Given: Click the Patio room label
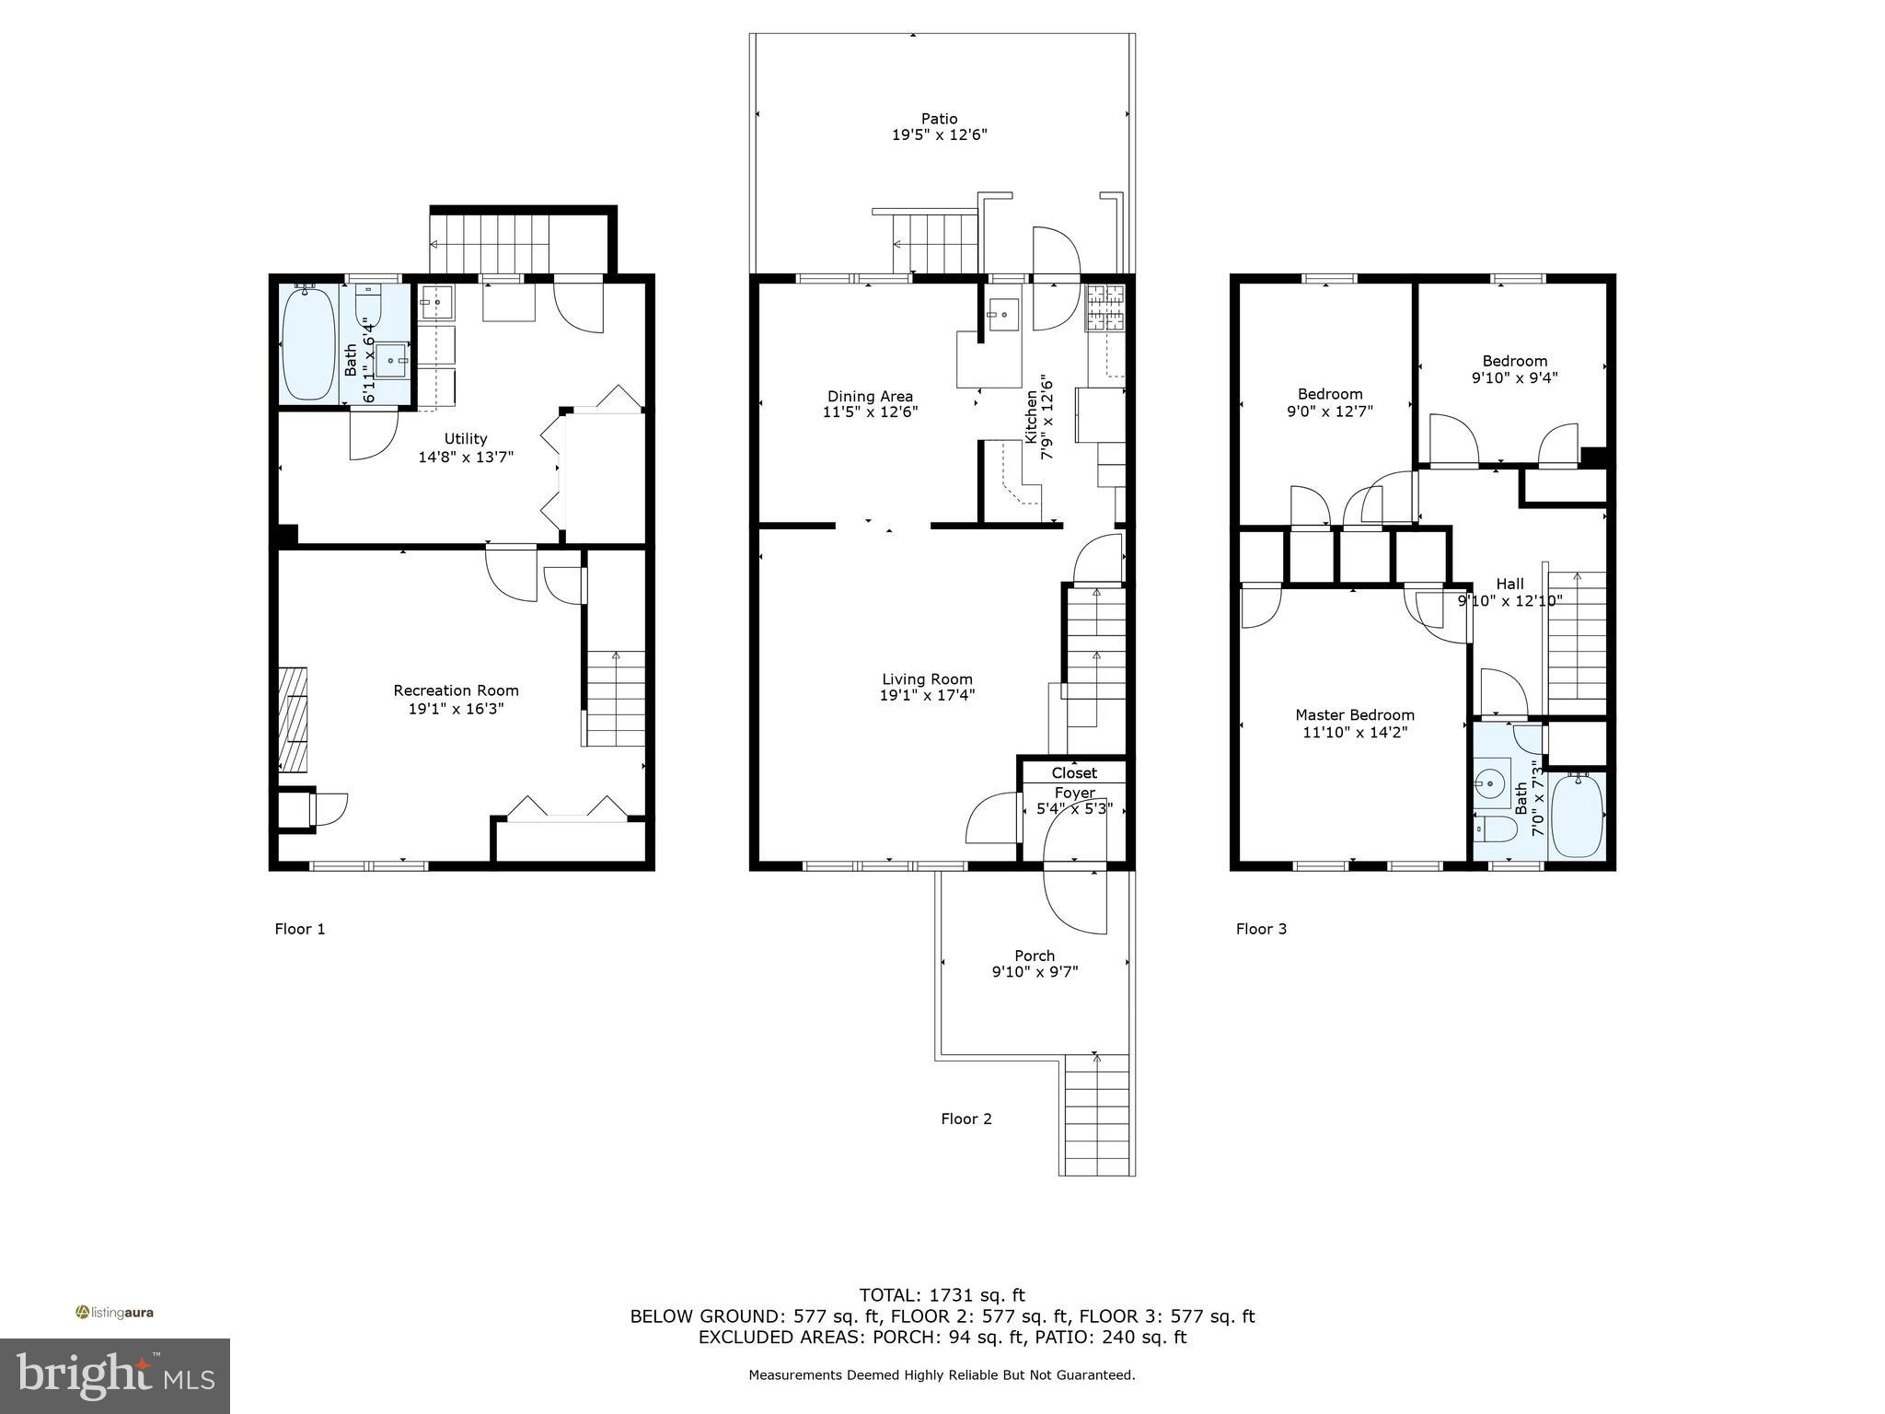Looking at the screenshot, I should click(939, 119).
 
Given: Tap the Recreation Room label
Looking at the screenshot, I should click(456, 690).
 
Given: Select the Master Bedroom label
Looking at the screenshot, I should click(1354, 715).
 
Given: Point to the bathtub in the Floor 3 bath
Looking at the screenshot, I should click(1577, 817).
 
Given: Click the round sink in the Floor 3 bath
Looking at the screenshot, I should click(1487, 784).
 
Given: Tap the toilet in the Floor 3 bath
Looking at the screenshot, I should click(1496, 830).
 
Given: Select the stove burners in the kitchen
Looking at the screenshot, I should click(1105, 308).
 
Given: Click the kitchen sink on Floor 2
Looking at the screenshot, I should click(1002, 314).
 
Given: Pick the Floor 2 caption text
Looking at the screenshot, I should click(966, 1118).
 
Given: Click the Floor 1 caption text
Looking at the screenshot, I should click(300, 929).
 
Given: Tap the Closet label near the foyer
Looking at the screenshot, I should click(1074, 772).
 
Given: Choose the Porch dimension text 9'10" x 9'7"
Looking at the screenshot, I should click(1035, 971).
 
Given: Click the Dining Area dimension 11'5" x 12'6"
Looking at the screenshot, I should click(870, 412).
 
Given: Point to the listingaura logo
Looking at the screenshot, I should click(114, 1312).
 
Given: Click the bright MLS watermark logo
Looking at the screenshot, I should click(114, 1375).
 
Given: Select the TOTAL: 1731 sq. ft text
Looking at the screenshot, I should click(942, 1295).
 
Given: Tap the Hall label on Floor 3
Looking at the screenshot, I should click(1509, 584).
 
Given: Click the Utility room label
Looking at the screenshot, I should click(466, 439).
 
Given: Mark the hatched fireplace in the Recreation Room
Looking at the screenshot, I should click(295, 719).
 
